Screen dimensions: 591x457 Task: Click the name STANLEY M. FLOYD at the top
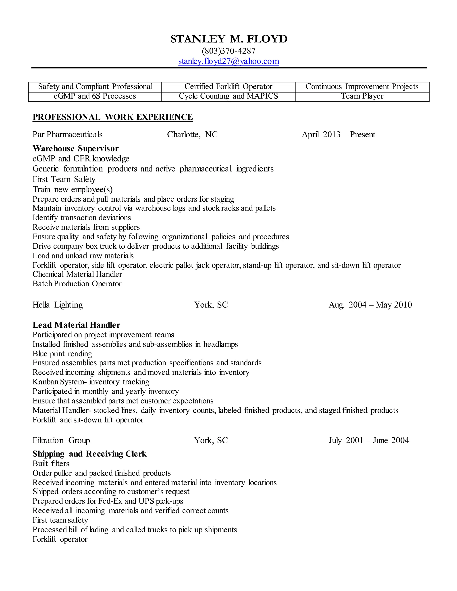pos(229,39)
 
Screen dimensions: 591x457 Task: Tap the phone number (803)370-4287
pos(228,51)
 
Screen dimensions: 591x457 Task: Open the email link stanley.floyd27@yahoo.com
pos(228,61)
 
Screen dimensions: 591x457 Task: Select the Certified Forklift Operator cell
pos(228,87)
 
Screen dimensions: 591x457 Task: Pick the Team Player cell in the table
pos(362,96)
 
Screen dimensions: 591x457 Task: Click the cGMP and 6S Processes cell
pos(95,96)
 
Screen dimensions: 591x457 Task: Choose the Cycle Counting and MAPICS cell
pos(228,96)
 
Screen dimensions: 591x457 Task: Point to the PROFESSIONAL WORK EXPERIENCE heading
pos(112,117)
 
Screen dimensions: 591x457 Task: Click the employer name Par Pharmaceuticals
pos(67,134)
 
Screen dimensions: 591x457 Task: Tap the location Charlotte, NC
pos(192,134)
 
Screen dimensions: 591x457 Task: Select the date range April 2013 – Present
pos(339,134)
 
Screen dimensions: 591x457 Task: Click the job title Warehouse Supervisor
pos(76,149)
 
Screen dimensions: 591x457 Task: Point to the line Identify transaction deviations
pos(81,218)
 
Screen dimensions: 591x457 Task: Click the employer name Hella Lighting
pos(58,305)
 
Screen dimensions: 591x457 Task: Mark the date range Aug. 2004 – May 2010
pos(370,305)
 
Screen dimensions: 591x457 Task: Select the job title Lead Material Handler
pos(76,325)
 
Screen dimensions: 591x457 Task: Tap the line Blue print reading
pos(62,354)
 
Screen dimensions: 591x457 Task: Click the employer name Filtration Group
pos(61,440)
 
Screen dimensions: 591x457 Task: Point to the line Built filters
pos(51,464)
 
